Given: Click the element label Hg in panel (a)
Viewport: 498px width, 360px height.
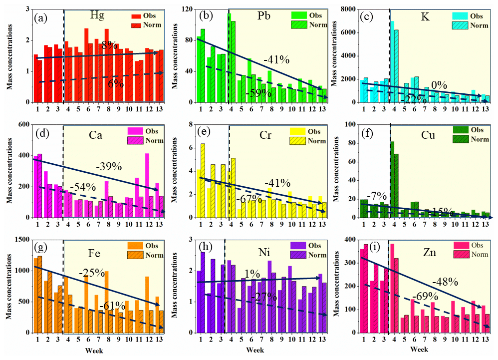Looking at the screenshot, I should tap(98, 13).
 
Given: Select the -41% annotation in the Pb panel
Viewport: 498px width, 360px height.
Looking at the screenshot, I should tap(276, 60).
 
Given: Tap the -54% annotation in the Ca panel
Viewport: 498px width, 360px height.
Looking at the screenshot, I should tap(82, 187).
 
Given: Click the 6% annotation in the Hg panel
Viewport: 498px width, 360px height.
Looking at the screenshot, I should tap(116, 84).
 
